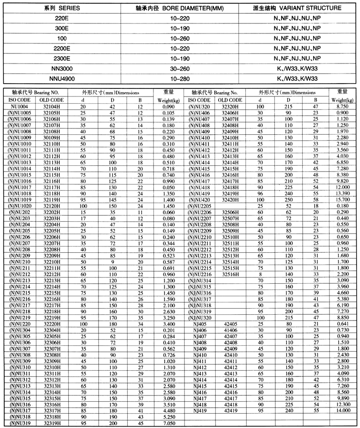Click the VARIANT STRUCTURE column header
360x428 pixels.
tap(296, 8)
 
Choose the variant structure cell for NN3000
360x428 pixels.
tap(296, 68)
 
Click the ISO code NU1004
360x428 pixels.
tap(21, 107)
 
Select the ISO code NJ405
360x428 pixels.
tap(200, 324)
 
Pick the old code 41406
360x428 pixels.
tap(230, 330)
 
